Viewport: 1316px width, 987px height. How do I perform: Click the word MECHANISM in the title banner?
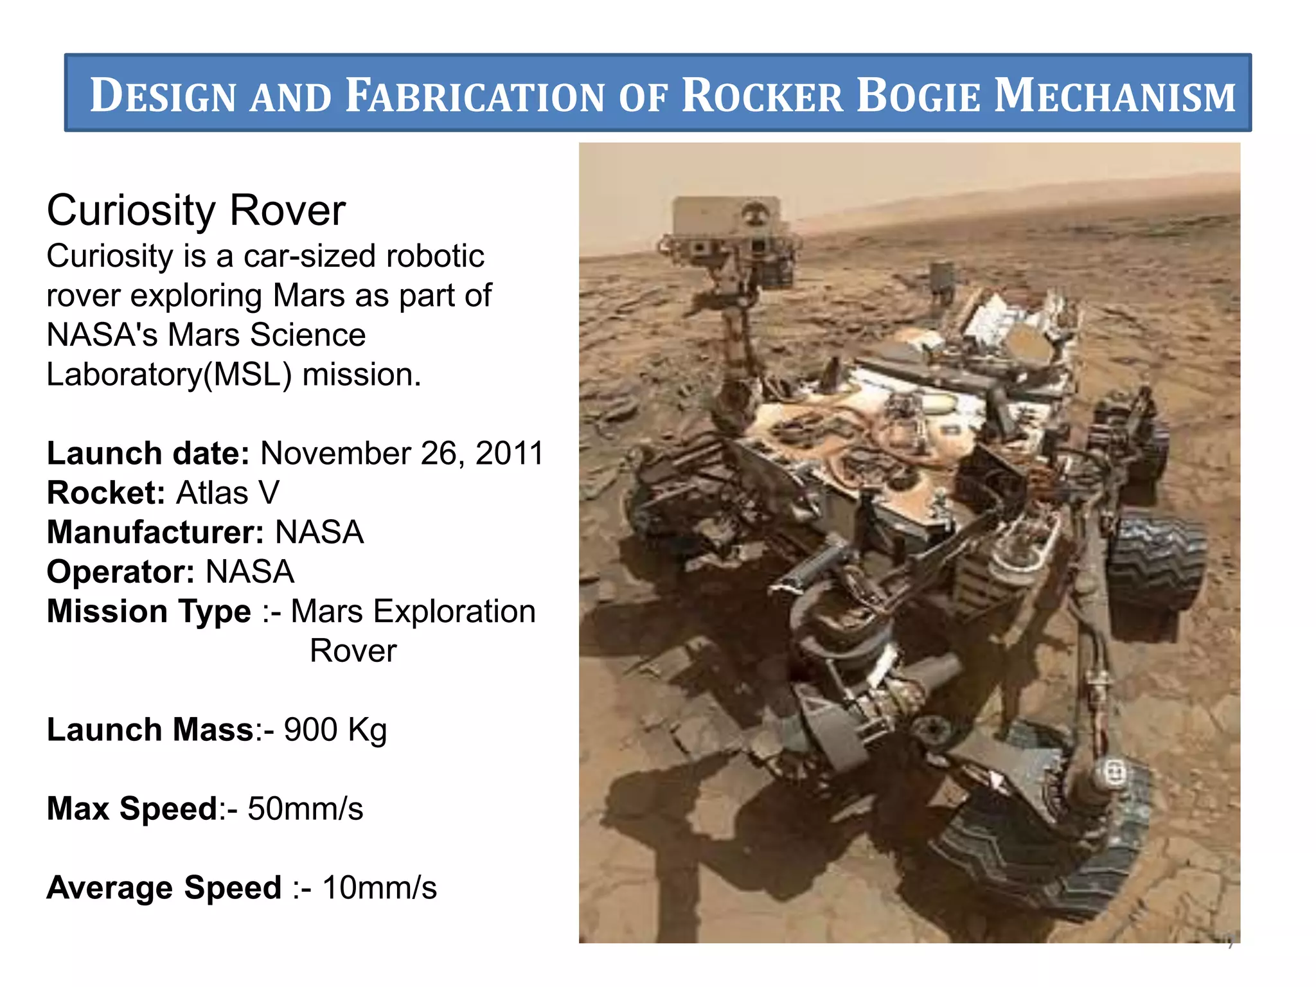click(1114, 95)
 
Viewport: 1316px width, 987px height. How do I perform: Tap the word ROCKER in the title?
click(762, 95)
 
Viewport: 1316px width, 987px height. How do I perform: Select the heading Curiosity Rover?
click(196, 210)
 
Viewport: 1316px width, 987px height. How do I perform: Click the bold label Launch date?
click(148, 453)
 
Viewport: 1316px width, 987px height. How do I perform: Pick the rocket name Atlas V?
click(228, 493)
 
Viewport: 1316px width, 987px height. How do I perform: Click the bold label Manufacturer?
click(155, 533)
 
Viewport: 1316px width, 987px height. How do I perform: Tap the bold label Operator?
click(120, 572)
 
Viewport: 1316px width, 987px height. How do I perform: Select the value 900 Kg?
click(335, 730)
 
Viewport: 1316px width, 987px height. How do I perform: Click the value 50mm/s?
click(305, 808)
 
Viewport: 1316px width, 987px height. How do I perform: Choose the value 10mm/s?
click(379, 887)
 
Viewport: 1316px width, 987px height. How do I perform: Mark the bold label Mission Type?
click(148, 611)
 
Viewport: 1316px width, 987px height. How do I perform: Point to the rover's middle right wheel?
click(1157, 565)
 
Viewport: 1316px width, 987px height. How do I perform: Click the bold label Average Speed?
click(164, 887)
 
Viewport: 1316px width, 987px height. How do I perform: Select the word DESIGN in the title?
click(163, 95)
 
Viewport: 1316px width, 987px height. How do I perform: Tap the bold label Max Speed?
click(132, 808)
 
